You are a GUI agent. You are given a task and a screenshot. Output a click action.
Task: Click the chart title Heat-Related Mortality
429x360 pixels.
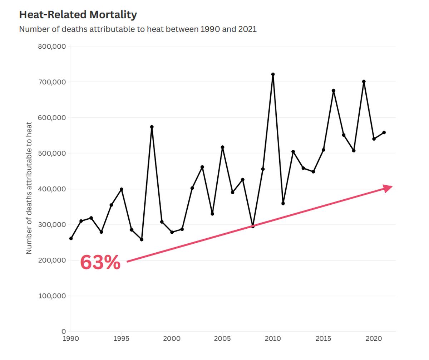(78, 15)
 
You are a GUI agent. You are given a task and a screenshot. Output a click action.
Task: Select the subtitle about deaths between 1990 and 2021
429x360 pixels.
(138, 29)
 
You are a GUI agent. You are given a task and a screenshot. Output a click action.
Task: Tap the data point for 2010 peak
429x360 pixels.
(273, 74)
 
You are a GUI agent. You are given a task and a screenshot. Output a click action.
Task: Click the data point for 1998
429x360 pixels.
(152, 127)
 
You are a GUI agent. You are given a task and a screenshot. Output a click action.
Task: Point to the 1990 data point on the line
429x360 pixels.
(71, 238)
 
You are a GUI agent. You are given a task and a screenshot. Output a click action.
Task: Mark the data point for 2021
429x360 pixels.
(384, 132)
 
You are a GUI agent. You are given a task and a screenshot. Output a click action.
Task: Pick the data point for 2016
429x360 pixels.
(334, 91)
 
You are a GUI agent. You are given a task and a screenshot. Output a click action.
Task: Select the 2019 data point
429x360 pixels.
(364, 82)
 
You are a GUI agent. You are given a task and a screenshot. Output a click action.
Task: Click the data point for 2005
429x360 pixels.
(222, 147)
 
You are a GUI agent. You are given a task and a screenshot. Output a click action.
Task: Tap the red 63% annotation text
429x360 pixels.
(100, 263)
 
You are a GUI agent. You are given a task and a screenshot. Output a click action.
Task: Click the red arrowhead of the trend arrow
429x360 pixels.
(388, 188)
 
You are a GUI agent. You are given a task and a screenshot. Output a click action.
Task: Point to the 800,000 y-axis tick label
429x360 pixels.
(52, 46)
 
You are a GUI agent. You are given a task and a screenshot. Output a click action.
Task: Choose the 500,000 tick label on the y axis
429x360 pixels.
(52, 153)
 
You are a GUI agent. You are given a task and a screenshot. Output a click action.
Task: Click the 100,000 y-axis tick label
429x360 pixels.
(52, 296)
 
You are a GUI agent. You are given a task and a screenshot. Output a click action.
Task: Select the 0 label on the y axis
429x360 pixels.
(64, 332)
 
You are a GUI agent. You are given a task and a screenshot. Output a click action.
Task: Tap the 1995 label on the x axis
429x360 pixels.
(121, 339)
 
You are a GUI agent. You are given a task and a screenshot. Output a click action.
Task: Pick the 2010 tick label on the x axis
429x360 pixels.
(273, 339)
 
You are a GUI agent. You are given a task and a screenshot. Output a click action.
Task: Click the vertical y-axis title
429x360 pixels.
(29, 188)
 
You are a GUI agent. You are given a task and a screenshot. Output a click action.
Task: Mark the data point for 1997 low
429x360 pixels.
(142, 239)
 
